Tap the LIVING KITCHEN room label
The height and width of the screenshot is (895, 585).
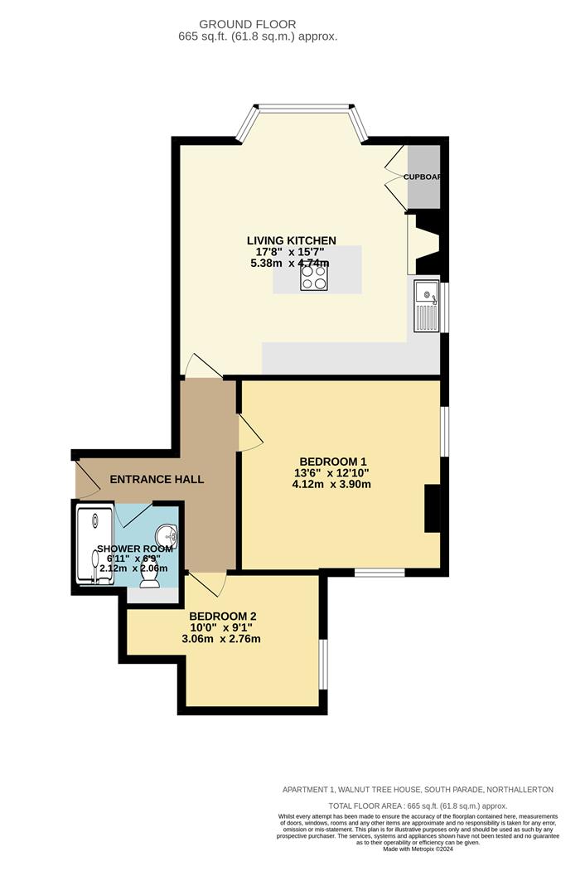(291, 240)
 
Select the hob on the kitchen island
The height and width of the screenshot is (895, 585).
(313, 276)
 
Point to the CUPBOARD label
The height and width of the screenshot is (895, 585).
(422, 177)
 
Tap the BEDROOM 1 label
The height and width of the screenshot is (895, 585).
(331, 462)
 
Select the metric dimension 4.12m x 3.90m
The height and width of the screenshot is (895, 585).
(331, 484)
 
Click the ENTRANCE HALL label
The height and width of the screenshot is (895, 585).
(157, 479)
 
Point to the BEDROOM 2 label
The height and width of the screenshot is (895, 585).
(222, 616)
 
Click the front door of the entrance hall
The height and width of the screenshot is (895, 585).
(85, 480)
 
